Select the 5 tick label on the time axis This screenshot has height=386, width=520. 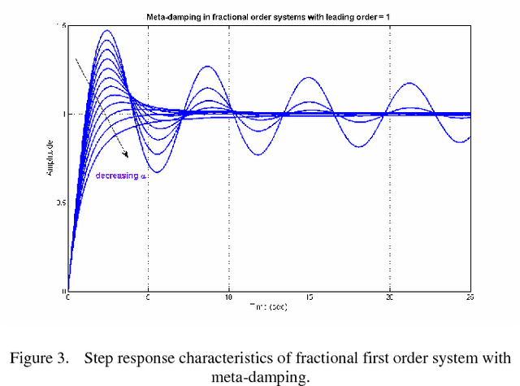[x=148, y=297]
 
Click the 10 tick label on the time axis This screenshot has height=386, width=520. [x=228, y=297]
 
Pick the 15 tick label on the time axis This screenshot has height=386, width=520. [x=309, y=297]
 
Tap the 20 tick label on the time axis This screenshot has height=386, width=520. [x=389, y=297]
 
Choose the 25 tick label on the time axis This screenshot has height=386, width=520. [x=470, y=297]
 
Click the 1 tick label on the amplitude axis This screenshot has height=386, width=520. [x=63, y=115]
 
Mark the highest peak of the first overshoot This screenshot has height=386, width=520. [x=106, y=32]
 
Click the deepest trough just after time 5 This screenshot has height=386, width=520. [x=158, y=172]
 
